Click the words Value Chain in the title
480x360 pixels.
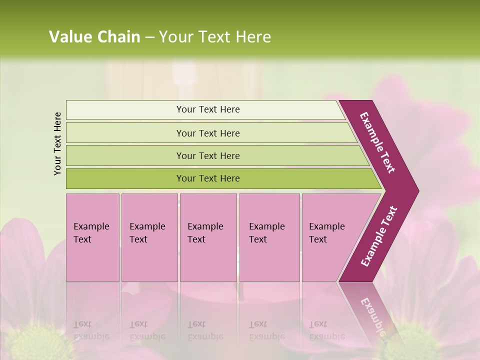(94, 37)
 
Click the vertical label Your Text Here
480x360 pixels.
(57, 143)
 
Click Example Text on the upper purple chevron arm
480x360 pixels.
(377, 142)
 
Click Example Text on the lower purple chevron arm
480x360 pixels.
(379, 236)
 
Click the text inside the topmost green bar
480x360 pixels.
(208, 109)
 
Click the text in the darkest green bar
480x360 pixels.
(208, 178)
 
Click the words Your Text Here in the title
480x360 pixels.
(215, 37)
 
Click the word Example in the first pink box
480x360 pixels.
(91, 226)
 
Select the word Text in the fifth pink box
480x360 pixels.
(317, 239)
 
